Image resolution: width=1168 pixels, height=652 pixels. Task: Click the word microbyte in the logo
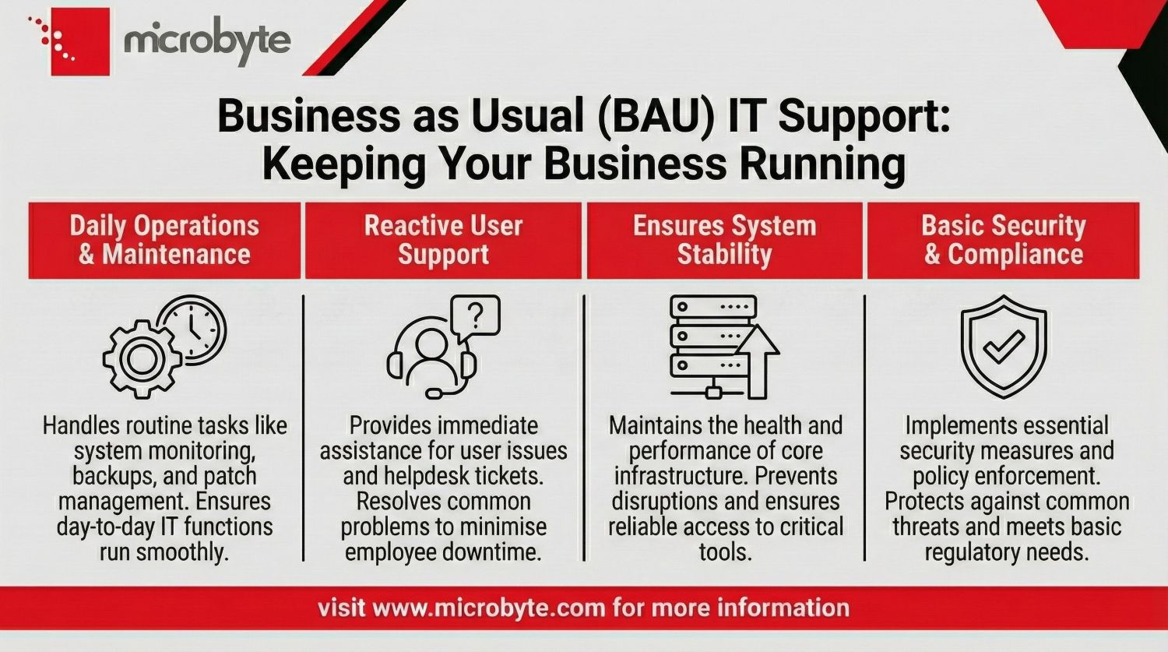click(207, 40)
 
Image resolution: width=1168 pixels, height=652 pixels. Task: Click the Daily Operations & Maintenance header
click(164, 239)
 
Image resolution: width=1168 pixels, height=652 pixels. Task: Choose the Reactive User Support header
click(443, 239)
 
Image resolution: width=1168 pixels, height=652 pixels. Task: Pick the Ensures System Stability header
click(724, 239)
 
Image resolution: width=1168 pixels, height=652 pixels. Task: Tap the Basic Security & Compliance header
click(1003, 239)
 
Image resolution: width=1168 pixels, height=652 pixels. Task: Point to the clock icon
click(192, 329)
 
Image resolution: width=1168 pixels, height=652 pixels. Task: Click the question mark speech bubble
click(475, 317)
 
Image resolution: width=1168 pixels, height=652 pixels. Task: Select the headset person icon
click(431, 360)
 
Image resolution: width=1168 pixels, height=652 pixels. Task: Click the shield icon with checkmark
click(1003, 347)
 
